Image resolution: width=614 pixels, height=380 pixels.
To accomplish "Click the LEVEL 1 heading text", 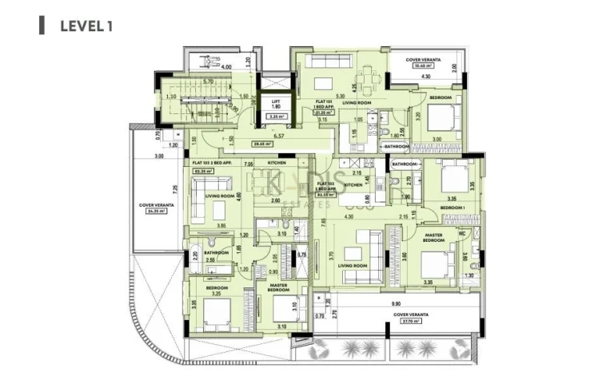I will click(86, 26).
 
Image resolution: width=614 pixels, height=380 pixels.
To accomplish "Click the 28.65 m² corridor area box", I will click(261, 144).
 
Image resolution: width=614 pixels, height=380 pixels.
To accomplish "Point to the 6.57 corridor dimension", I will click(280, 136).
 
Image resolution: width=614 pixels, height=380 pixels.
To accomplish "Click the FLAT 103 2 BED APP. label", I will click(212, 161).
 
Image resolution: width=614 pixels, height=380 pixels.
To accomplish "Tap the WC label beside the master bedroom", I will click(462, 234).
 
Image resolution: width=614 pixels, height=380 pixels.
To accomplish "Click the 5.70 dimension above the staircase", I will click(207, 82).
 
